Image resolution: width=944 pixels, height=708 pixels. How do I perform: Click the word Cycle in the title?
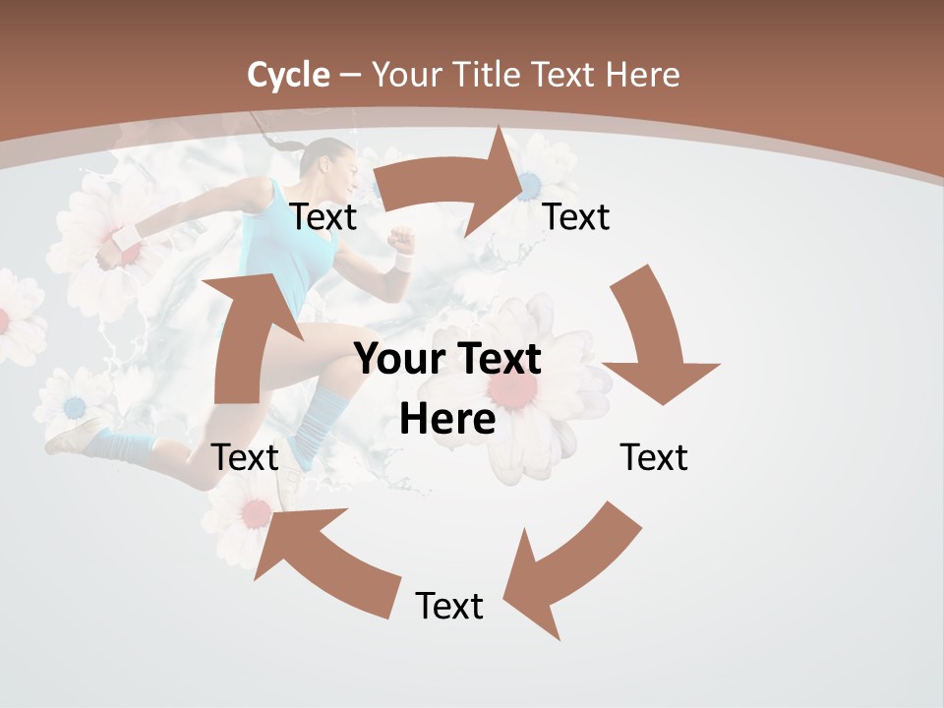point(288,75)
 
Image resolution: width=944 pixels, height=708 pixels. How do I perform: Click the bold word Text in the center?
point(501,359)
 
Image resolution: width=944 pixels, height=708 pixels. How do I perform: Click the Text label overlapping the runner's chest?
point(324,217)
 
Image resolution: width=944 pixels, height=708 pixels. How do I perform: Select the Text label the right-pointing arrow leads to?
point(576,216)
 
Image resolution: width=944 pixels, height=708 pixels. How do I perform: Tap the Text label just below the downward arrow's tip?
point(654,457)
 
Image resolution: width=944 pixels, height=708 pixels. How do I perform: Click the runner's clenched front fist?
point(400,239)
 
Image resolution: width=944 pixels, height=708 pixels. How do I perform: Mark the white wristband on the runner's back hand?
point(127,236)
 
